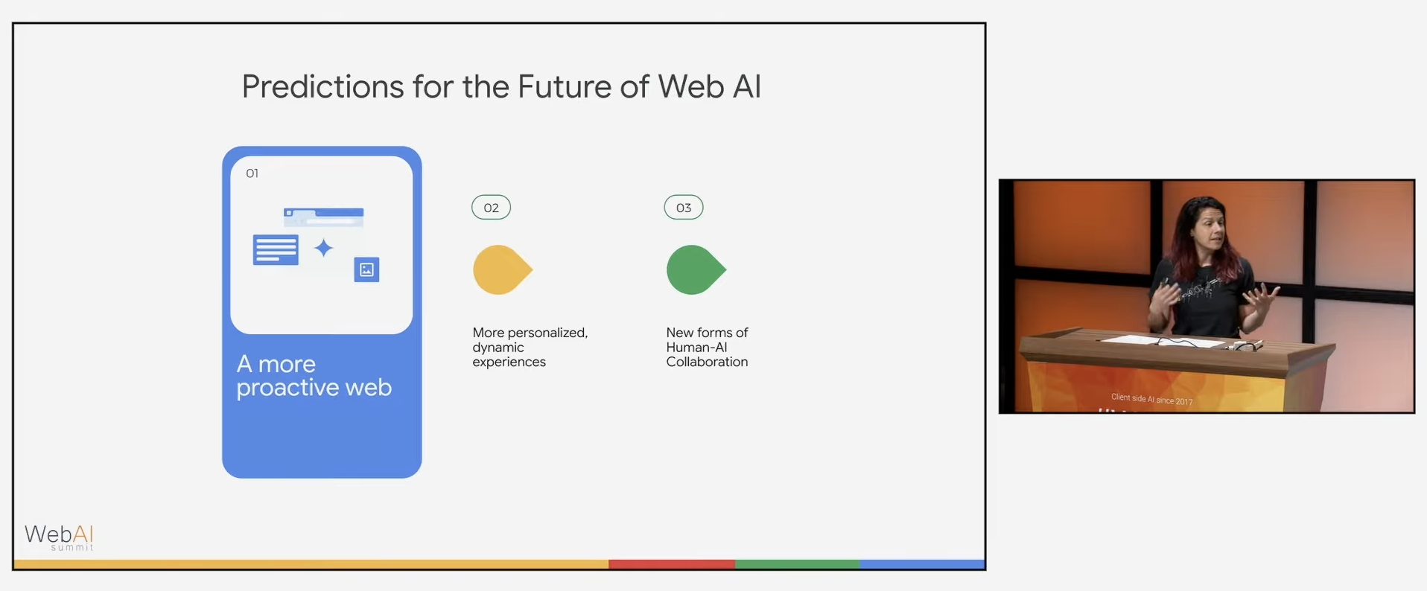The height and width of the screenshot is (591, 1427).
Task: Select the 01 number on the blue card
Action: (252, 173)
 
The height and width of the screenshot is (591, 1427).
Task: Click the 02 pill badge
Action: (491, 208)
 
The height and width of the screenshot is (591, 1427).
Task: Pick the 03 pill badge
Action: (684, 208)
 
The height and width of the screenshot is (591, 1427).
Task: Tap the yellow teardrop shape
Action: (501, 269)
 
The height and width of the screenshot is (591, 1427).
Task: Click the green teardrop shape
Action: (694, 269)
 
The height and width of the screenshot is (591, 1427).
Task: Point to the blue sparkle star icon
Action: (323, 248)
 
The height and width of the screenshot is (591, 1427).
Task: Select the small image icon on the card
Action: (366, 269)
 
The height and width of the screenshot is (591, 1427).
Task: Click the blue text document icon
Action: (276, 250)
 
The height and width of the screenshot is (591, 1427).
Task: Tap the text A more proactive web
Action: (314, 376)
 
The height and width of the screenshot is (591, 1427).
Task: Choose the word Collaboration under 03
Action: (707, 362)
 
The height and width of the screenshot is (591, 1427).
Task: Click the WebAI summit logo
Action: (60, 537)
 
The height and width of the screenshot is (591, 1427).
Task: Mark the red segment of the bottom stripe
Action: (671, 564)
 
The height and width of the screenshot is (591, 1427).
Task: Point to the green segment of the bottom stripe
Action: (797, 564)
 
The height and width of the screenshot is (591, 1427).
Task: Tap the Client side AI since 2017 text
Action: (1151, 399)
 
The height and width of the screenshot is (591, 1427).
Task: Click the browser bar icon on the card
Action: (324, 217)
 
